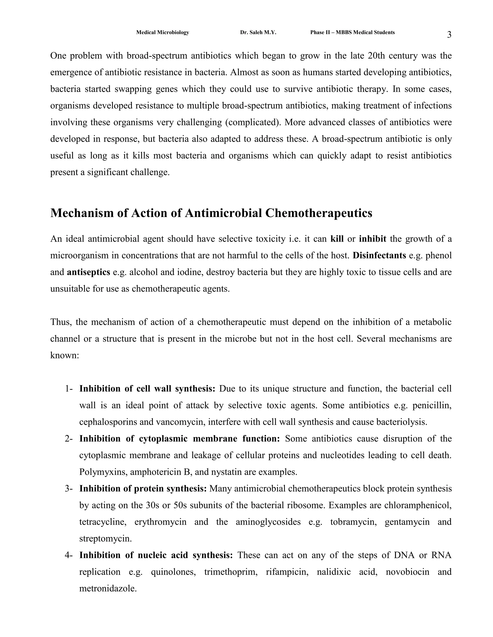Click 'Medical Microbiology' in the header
(x=162, y=32)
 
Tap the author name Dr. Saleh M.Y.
(x=258, y=32)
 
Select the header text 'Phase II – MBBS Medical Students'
(x=352, y=32)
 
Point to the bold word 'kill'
(x=337, y=239)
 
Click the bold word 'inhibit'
(x=372, y=239)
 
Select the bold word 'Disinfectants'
(x=379, y=256)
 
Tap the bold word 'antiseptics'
(x=88, y=272)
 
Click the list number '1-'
(x=69, y=389)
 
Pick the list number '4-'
(x=69, y=555)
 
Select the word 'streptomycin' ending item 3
(x=105, y=539)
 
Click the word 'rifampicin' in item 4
(x=287, y=572)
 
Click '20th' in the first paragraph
(x=377, y=56)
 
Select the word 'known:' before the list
(x=65, y=356)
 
